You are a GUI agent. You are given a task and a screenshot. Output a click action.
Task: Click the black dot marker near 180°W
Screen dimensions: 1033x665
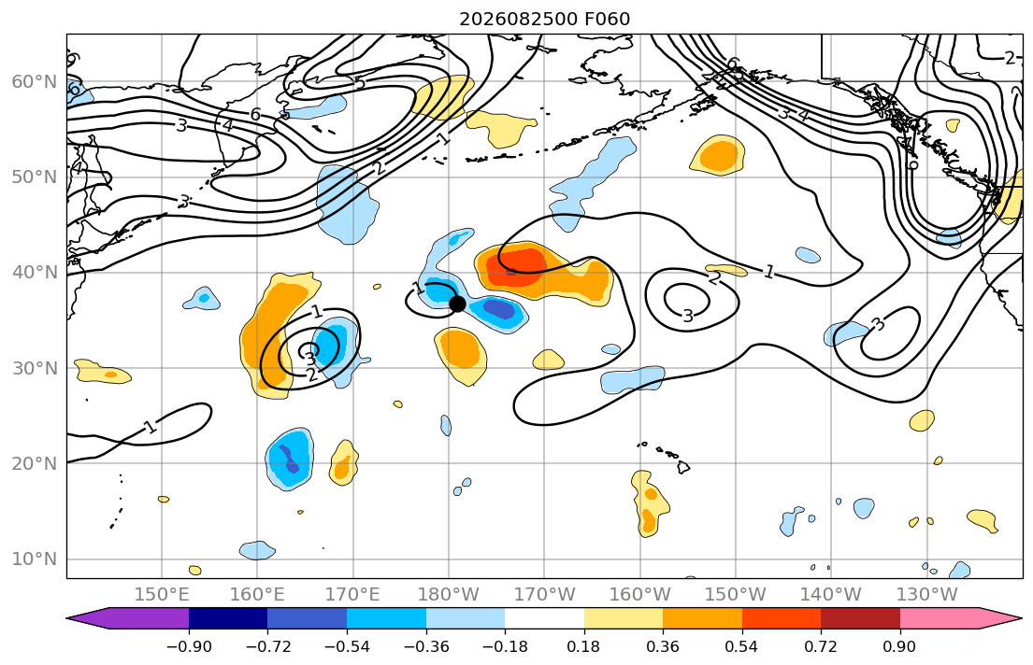[x=457, y=304]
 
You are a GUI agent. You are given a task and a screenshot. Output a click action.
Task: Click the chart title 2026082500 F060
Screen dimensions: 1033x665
[x=544, y=19]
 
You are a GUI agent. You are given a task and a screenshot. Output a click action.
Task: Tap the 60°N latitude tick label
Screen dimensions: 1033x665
[x=35, y=81]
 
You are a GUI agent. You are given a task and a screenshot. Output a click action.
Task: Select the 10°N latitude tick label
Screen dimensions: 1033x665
[x=35, y=559]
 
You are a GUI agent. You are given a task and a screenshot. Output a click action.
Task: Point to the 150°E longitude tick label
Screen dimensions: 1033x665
[x=162, y=595]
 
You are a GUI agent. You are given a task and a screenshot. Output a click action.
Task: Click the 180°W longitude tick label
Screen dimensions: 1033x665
[x=449, y=595]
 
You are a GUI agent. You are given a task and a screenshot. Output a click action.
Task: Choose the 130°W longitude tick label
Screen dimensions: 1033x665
[x=927, y=595]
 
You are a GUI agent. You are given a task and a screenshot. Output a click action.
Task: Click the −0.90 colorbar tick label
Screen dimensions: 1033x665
[x=189, y=646]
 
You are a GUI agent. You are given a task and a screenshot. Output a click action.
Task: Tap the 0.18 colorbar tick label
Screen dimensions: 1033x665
[x=583, y=646]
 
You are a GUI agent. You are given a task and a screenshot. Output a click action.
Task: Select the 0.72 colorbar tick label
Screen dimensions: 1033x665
[x=821, y=646]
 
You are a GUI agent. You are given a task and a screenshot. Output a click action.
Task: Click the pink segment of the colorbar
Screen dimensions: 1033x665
[x=939, y=618]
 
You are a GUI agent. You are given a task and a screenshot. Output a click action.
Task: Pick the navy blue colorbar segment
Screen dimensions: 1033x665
[x=228, y=618]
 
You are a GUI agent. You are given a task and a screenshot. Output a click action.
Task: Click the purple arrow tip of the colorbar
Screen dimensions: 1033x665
[x=68, y=618]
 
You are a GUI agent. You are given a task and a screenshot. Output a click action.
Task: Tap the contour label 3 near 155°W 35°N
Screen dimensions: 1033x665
[x=688, y=316]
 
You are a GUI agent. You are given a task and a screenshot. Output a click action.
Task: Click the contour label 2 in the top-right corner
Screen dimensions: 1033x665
[x=1010, y=58]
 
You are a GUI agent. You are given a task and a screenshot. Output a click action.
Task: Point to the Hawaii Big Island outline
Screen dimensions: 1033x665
[x=683, y=467]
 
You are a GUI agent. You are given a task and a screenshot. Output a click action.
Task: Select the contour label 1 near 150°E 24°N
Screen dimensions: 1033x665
[x=151, y=427]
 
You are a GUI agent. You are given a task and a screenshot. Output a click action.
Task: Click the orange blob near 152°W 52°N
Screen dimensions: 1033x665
[x=719, y=156]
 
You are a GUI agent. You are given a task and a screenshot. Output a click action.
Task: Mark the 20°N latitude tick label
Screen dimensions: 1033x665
[x=35, y=463]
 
